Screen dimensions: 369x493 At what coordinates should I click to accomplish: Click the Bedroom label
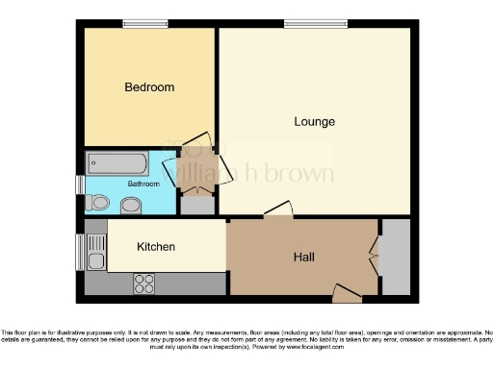(x=149, y=87)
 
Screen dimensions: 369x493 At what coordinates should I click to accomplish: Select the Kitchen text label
(x=155, y=247)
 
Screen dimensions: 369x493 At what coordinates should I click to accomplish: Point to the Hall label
(x=305, y=257)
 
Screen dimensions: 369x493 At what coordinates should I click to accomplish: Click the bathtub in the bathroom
(x=117, y=161)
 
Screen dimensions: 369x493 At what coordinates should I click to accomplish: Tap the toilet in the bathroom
(x=98, y=203)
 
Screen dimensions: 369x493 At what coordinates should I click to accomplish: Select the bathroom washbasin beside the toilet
(x=129, y=204)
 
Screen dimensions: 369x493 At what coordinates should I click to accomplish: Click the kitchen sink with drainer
(x=94, y=252)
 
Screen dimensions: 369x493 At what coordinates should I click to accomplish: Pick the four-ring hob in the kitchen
(x=144, y=283)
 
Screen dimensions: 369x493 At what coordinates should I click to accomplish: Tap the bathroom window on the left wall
(x=81, y=183)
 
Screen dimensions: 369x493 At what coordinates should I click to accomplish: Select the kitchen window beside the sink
(x=81, y=252)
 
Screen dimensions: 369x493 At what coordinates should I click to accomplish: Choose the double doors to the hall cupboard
(x=374, y=257)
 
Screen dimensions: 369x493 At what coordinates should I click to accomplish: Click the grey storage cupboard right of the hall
(x=396, y=257)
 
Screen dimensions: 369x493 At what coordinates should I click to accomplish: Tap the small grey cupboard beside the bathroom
(x=195, y=204)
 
